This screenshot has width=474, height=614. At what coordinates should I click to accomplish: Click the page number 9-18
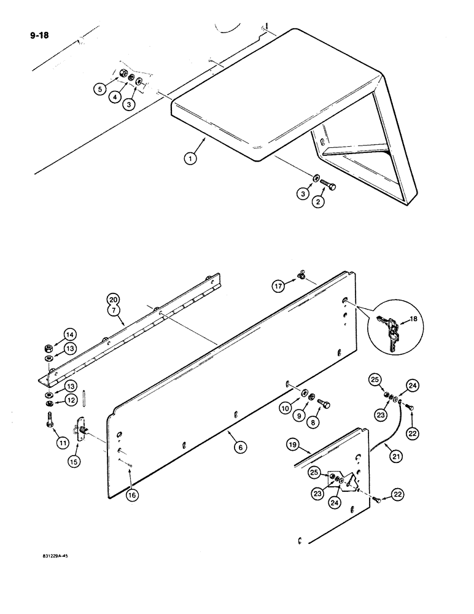39,35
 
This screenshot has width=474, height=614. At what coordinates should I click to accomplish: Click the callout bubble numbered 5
99,89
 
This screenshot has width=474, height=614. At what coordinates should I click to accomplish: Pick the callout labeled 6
241,448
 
